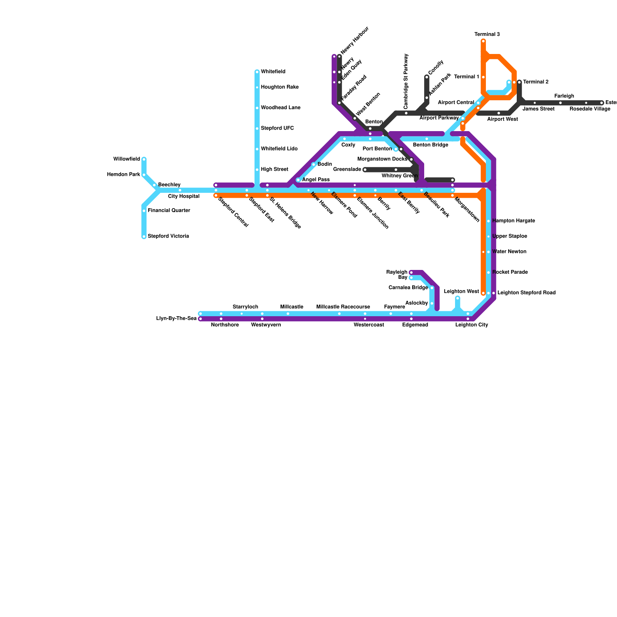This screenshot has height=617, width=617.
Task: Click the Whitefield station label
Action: click(x=273, y=72)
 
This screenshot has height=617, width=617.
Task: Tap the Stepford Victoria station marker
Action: click(x=144, y=237)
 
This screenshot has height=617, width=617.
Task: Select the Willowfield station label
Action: click(x=126, y=159)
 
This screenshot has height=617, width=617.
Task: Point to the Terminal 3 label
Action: click(x=487, y=34)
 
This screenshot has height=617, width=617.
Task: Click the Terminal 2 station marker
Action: click(x=519, y=82)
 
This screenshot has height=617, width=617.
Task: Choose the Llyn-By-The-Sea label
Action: click(x=177, y=319)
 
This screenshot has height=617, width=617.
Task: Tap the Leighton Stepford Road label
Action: click(x=526, y=293)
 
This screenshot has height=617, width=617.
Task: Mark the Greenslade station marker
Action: click(x=365, y=170)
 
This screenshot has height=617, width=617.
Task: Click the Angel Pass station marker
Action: click(x=298, y=180)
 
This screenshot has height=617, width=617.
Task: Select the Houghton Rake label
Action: click(x=280, y=87)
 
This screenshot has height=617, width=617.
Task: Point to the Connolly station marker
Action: click(x=427, y=77)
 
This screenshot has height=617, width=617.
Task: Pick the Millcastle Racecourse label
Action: click(x=343, y=307)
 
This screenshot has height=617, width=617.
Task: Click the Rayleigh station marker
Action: click(x=411, y=273)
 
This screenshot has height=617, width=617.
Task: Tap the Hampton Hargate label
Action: click(x=513, y=221)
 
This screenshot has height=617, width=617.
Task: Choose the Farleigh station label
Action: click(x=564, y=96)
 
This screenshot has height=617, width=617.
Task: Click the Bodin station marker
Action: click(x=314, y=165)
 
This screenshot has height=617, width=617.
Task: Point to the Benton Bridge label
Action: click(x=430, y=145)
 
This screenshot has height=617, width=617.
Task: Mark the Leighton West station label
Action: click(x=461, y=292)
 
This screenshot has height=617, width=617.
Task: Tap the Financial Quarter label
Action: click(x=169, y=211)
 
